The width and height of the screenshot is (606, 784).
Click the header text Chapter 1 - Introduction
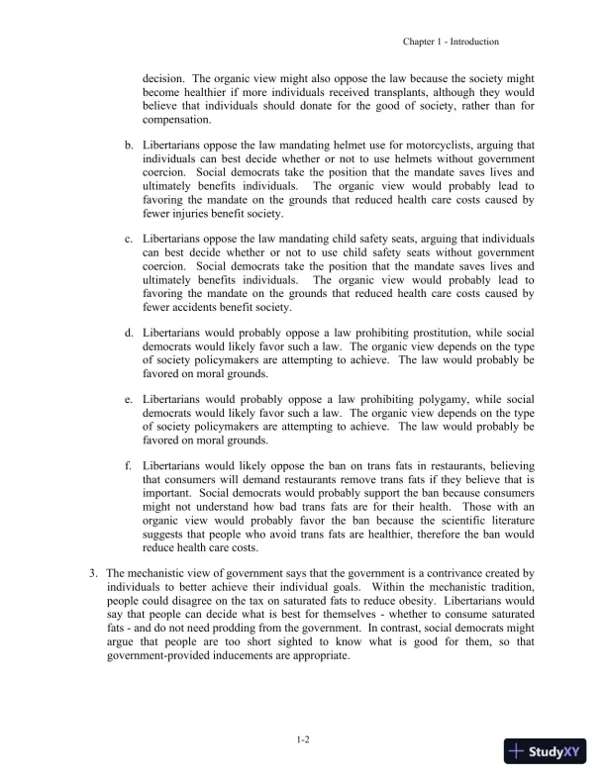(x=451, y=42)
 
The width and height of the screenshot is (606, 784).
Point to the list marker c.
(x=129, y=239)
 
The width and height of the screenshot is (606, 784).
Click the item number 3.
(x=93, y=573)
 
